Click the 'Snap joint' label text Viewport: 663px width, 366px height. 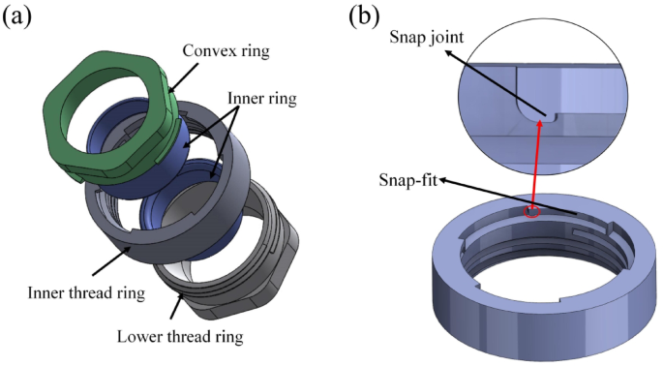428,36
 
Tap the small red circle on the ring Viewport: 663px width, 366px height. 528,212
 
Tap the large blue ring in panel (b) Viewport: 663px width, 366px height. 542,290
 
